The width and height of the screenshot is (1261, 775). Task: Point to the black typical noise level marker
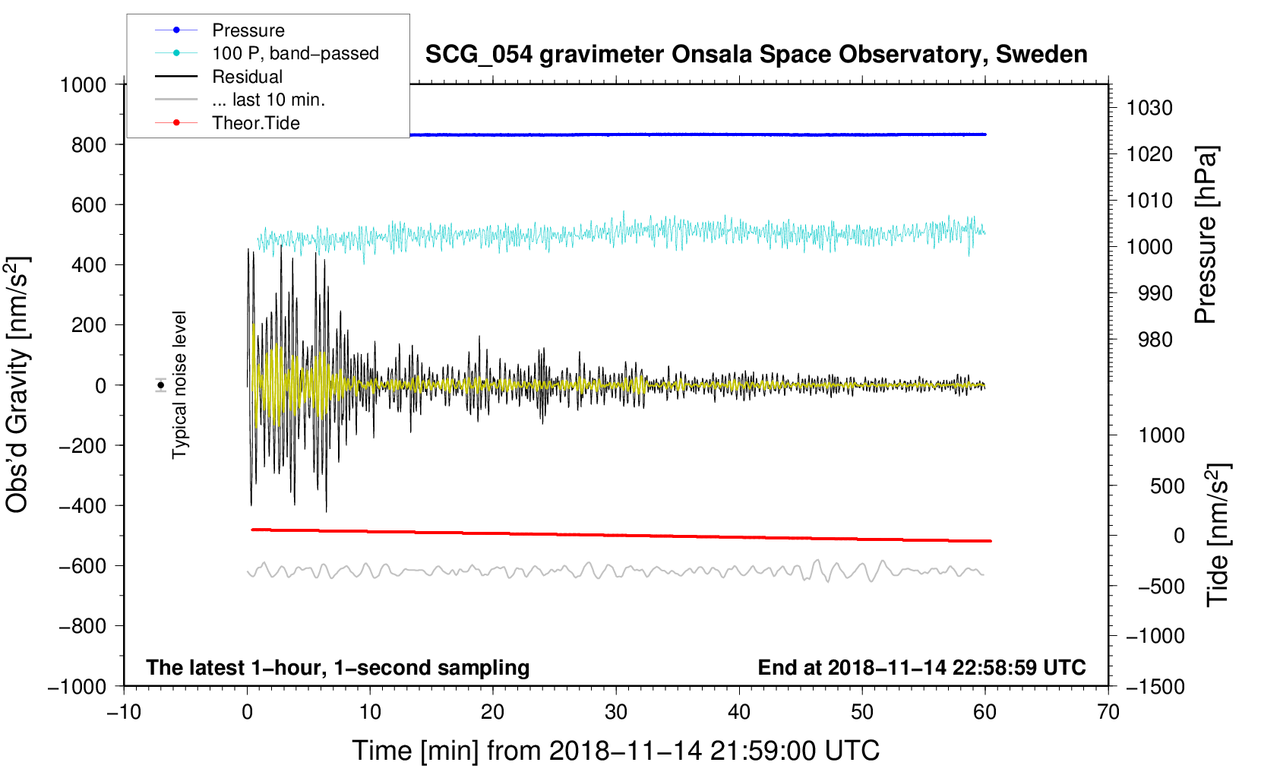coord(161,385)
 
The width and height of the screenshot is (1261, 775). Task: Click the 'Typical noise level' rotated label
coord(179,385)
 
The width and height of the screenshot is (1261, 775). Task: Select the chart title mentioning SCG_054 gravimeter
coord(756,55)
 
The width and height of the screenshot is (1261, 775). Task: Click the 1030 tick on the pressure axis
coord(1149,108)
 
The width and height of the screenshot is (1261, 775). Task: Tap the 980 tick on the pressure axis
coord(1155,340)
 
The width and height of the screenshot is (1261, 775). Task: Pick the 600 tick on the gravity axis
coord(88,205)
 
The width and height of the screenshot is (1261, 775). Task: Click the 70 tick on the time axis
coord(1108,713)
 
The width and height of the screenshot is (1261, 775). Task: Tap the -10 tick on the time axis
coord(124,713)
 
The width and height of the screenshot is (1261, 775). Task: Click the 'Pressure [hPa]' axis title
coord(1206,235)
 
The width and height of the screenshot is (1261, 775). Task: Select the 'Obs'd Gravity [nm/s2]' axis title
coord(17,385)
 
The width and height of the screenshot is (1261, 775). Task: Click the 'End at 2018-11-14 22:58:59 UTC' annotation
coord(921,667)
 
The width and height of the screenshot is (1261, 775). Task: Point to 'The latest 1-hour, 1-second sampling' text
coord(338,668)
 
